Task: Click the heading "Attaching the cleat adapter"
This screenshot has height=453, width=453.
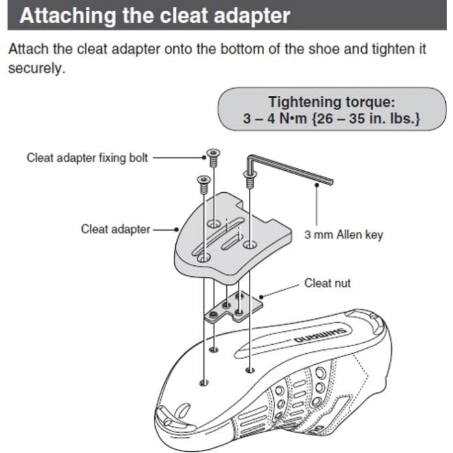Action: (x=154, y=16)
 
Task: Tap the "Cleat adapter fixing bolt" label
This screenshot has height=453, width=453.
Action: (x=87, y=158)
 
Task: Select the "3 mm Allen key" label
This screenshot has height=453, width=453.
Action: (x=343, y=235)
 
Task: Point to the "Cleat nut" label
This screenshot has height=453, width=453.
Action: (x=327, y=284)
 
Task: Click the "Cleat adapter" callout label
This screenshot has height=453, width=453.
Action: (x=115, y=229)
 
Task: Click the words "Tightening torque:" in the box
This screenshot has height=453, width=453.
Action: (x=332, y=102)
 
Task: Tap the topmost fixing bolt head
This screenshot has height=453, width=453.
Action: (x=212, y=154)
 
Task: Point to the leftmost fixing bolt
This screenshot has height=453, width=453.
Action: (x=203, y=179)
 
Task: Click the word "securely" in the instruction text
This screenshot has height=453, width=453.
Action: (x=36, y=68)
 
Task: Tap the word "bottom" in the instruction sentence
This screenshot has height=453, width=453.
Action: (x=218, y=50)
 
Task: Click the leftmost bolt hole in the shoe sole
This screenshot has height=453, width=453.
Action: (x=203, y=381)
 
